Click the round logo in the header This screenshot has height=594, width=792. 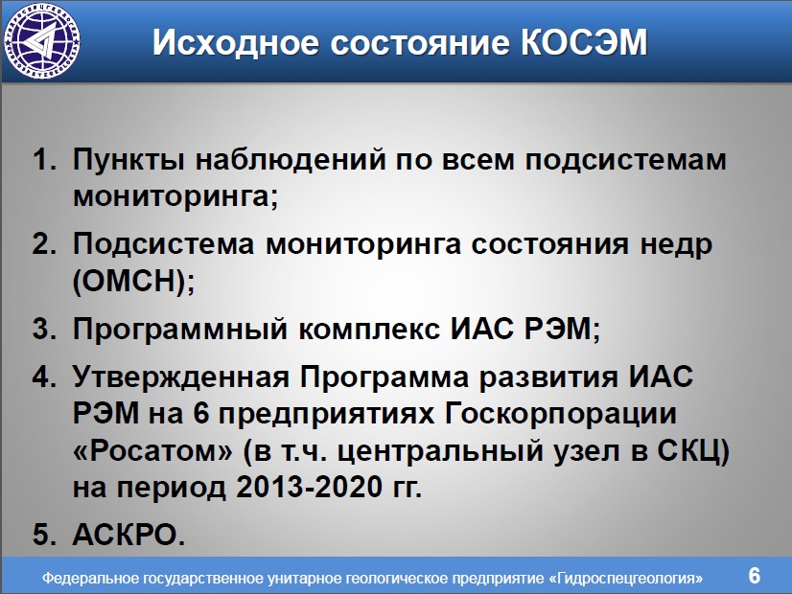[42, 41]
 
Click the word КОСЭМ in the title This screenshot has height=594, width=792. [584, 42]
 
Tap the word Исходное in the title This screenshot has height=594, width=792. [236, 42]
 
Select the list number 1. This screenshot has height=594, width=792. [44, 159]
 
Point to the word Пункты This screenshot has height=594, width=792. [129, 161]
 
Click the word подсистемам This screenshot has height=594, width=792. [626, 161]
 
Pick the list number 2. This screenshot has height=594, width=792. [44, 243]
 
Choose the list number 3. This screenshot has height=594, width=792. [44, 329]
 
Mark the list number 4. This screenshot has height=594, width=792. [44, 377]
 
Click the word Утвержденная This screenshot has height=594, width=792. [181, 377]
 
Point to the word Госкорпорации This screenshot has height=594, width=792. [561, 415]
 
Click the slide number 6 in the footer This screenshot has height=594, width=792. [754, 576]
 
